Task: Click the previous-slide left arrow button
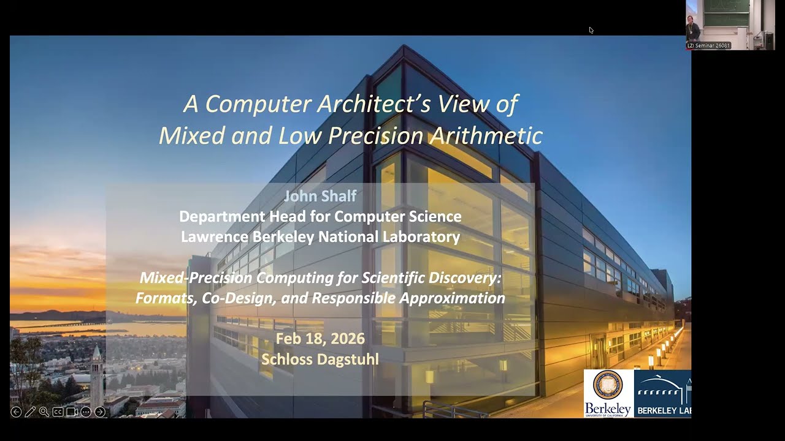(x=16, y=412)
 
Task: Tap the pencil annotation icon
(x=30, y=412)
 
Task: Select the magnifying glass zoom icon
(x=44, y=412)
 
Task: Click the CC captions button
(x=58, y=412)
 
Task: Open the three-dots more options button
(x=86, y=412)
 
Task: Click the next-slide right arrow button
(x=100, y=412)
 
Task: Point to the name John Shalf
(x=320, y=196)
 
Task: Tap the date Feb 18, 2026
(x=320, y=339)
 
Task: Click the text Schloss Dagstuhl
(x=320, y=359)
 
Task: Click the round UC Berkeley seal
(x=607, y=385)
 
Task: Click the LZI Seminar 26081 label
(x=708, y=46)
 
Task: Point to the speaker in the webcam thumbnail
(x=693, y=28)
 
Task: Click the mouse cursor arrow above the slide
(x=591, y=29)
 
